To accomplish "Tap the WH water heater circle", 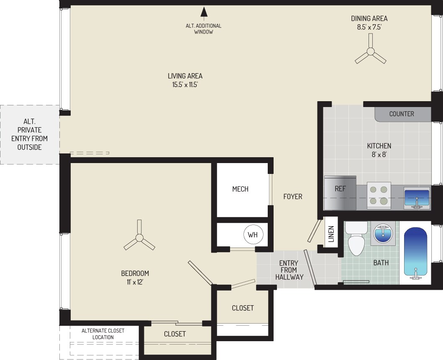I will tap(253, 235).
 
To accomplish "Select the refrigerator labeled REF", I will tap(340, 193).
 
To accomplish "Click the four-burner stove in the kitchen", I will tap(379, 195).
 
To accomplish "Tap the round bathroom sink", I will tap(382, 233).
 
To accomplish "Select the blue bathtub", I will tap(415, 252).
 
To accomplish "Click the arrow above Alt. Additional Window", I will tap(204, 12).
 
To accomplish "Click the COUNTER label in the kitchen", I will tap(402, 114).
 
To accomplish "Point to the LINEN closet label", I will tap(331, 234).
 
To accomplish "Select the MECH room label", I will tap(240, 189).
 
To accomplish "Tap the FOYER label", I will tap(292, 197).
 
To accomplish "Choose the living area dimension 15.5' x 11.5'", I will tap(185, 85).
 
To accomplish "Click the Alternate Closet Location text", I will tap(103, 334).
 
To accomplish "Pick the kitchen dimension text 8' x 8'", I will tap(379, 155).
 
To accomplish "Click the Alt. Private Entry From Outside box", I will tap(29, 135).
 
